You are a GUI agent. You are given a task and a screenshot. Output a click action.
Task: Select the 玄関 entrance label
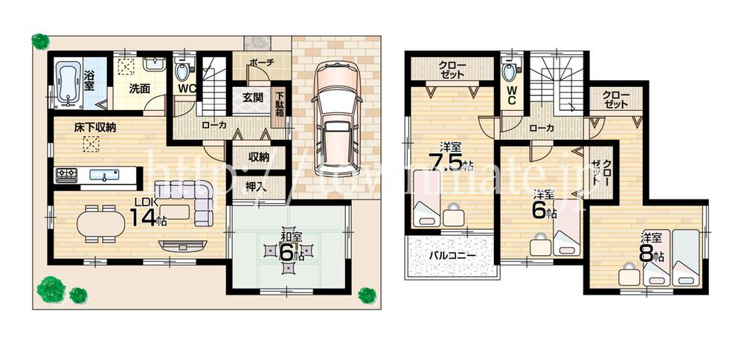[251, 97]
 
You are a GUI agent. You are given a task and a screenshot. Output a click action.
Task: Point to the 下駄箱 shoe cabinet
[280, 107]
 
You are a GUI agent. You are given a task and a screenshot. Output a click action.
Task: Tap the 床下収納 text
[94, 127]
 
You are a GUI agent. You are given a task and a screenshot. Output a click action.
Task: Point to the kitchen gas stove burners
[66, 175]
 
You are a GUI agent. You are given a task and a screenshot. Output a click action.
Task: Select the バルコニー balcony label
[451, 257]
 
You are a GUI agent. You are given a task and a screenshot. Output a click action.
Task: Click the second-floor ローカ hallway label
[541, 129]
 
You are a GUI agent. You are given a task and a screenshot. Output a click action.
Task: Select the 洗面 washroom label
[140, 88]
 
